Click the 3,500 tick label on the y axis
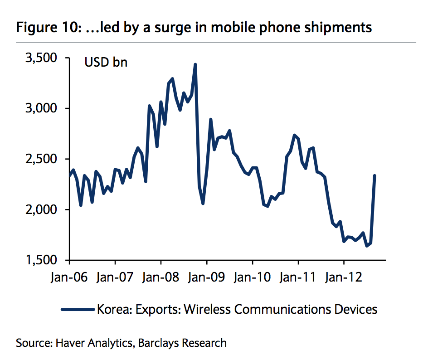[x=42, y=58]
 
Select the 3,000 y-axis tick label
[x=42, y=108]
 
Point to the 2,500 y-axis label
[x=42, y=159]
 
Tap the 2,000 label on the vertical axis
[x=42, y=209]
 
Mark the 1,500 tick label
[x=42, y=260]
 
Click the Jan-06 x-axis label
[x=69, y=277]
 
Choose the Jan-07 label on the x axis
[x=115, y=277]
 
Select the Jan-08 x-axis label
[x=161, y=277]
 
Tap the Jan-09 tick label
[x=207, y=277]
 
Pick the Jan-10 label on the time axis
[x=253, y=277]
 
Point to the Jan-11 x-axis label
[x=298, y=277]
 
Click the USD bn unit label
[x=106, y=62]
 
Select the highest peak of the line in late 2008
[x=195, y=65]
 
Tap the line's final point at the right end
[x=374, y=175]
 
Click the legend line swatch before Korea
[x=78, y=310]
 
